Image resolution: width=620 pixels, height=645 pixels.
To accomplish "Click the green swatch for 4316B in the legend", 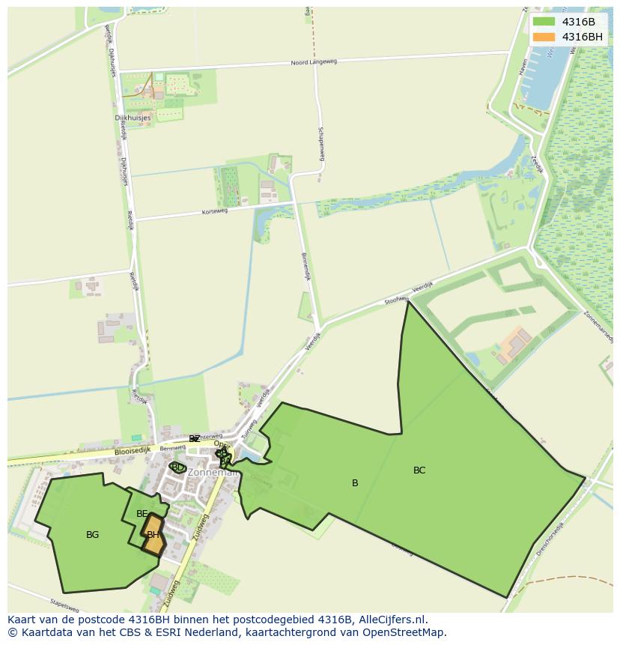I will click(x=544, y=22).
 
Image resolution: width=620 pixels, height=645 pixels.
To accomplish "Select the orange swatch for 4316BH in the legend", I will click(x=544, y=37).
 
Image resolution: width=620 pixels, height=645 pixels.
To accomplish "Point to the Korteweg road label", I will click(x=214, y=212).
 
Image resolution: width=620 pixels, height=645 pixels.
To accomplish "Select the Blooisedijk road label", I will click(x=133, y=451).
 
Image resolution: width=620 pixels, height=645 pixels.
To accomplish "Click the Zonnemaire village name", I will click(x=213, y=473).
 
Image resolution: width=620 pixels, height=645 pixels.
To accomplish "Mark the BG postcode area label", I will click(x=92, y=535).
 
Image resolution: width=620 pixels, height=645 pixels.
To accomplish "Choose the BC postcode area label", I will click(x=419, y=470).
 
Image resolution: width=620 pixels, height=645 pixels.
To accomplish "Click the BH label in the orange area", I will click(x=153, y=535).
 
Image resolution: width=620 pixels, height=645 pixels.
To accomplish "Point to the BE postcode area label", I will click(x=142, y=514).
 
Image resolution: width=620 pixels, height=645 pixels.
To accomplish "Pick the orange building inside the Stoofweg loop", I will click(x=515, y=342).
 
